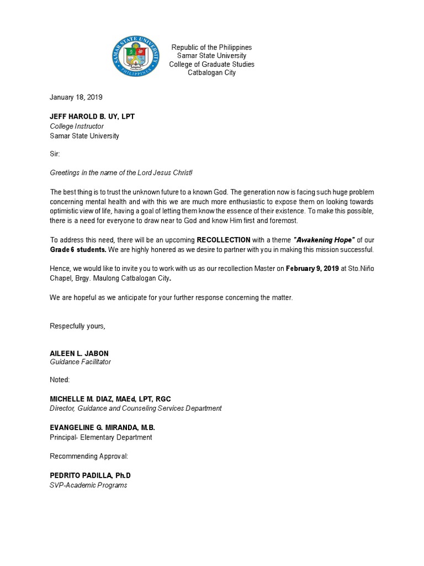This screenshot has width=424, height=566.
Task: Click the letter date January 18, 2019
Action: [76, 97]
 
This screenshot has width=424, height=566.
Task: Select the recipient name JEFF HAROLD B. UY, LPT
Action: [92, 117]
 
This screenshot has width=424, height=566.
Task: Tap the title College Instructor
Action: [77, 126]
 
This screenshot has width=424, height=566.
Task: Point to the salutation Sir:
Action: [55, 154]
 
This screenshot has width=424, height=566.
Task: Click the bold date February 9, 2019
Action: [312, 269]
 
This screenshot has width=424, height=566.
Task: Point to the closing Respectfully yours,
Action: [77, 326]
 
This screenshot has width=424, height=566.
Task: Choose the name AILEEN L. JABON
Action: [79, 353]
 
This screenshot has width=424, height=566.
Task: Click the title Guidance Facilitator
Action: [80, 362]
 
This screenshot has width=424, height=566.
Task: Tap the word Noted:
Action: [60, 380]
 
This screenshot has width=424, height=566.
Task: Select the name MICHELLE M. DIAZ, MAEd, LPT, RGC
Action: [114, 399]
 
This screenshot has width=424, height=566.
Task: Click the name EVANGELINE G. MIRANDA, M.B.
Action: [103, 428]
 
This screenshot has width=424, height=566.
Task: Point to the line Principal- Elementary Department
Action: [100, 437]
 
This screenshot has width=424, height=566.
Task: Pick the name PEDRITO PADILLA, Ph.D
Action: [90, 475]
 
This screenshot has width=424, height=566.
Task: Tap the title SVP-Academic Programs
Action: [88, 485]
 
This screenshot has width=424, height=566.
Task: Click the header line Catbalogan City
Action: [211, 72]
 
